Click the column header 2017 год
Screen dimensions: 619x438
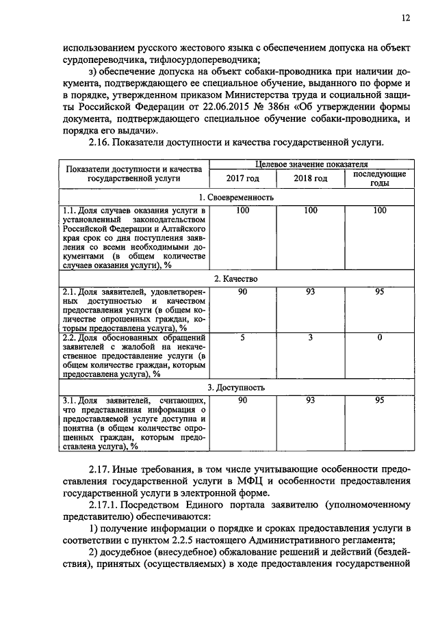242,179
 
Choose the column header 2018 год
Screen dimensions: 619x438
310,179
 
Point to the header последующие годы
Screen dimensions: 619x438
379,179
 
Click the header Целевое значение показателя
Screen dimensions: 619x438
311,165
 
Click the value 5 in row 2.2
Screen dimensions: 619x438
242,337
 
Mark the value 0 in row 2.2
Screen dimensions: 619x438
379,337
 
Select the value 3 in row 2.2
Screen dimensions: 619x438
310,337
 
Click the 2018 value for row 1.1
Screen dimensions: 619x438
310,210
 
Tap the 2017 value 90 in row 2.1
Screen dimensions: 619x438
242,292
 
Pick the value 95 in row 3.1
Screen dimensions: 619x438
379,400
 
